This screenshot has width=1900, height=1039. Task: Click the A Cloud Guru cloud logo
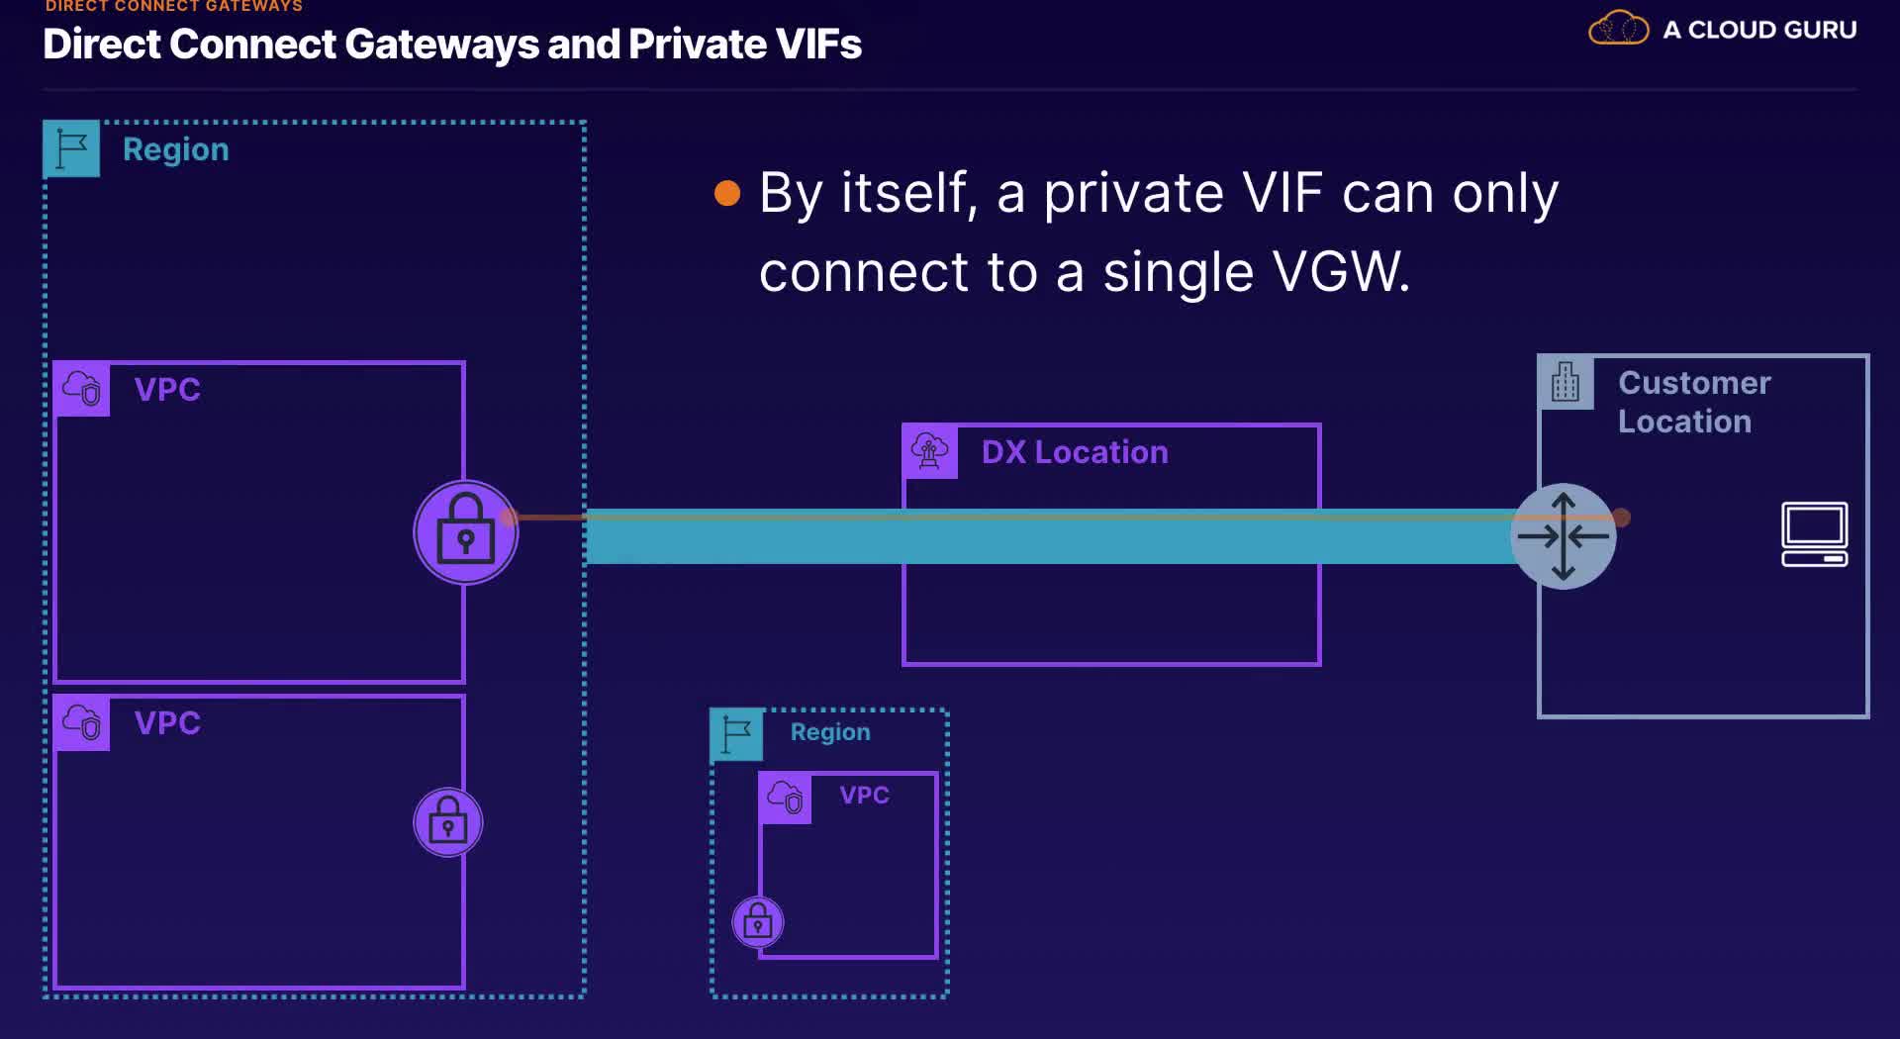(1618, 28)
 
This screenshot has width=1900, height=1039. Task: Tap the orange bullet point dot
(727, 193)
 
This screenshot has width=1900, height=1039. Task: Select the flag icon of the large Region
(71, 148)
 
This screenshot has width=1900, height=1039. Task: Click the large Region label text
(176, 149)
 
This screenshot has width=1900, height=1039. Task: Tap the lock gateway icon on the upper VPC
(465, 532)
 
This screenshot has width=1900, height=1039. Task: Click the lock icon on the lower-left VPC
(448, 822)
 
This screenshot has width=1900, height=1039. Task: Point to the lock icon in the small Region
(758, 922)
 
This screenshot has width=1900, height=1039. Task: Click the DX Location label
(1075, 452)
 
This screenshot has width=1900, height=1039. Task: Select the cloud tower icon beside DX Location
(930, 451)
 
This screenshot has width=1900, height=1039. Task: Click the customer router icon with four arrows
(1564, 536)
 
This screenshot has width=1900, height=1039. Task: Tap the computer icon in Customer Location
(1815, 534)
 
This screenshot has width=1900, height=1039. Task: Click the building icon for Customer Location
(1566, 382)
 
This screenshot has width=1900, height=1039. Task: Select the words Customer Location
(1694, 402)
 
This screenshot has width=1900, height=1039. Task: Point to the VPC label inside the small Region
(864, 795)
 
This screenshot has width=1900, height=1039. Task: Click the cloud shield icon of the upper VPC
(82, 389)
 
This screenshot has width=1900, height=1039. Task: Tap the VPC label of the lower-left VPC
(167, 722)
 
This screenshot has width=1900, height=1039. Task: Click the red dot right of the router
(1621, 517)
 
